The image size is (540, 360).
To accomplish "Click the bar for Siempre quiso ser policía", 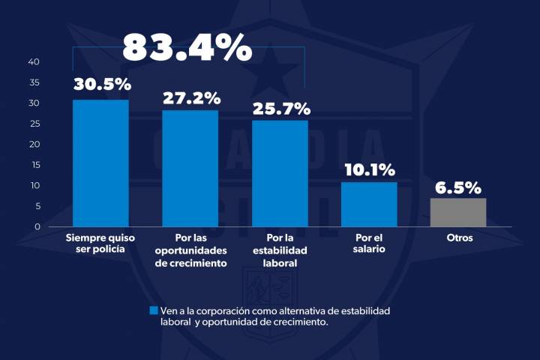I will (x=100, y=163).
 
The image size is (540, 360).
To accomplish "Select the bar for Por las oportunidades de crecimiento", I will (x=190, y=168).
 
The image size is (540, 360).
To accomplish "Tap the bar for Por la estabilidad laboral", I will (x=280, y=173).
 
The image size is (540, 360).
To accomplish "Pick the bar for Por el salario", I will (x=369, y=204).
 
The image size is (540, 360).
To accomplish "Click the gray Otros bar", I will (x=458, y=212).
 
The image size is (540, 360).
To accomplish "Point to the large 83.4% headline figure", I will (x=187, y=47).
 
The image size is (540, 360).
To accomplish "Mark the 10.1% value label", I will (x=369, y=169).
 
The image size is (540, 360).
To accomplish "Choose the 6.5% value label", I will (x=458, y=187).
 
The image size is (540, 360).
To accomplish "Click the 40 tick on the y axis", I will (x=34, y=61).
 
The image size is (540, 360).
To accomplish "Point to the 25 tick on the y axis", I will (x=34, y=123).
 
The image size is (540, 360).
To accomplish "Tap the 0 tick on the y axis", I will (x=37, y=226).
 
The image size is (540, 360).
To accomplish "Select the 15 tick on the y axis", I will (x=34, y=164).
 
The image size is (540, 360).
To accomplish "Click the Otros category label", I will (x=458, y=238).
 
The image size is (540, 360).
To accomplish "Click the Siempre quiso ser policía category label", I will (x=100, y=243).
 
